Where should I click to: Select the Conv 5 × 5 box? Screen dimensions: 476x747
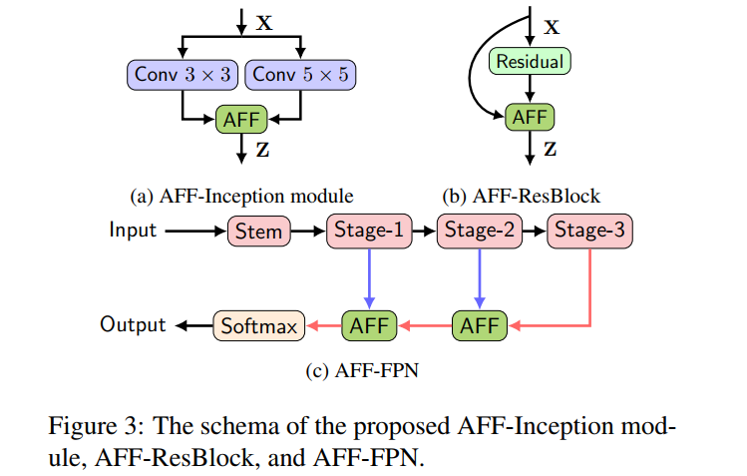[300, 74]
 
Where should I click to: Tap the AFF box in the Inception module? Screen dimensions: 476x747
[239, 120]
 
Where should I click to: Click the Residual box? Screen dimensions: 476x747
[530, 62]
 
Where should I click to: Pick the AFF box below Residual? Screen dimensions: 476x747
[530, 117]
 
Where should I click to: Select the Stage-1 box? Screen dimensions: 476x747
[369, 232]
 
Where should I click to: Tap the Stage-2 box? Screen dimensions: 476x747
[480, 232]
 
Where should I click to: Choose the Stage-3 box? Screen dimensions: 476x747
[589, 232]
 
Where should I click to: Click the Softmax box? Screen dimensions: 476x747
[257, 325]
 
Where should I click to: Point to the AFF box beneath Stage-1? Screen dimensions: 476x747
[369, 325]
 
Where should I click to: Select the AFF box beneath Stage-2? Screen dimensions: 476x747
[480, 325]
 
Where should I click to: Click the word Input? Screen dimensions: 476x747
[133, 231]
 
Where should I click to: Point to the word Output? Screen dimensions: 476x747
[133, 324]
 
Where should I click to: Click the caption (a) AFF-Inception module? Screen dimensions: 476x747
[242, 194]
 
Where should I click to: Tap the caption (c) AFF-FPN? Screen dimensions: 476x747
[362, 372]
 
